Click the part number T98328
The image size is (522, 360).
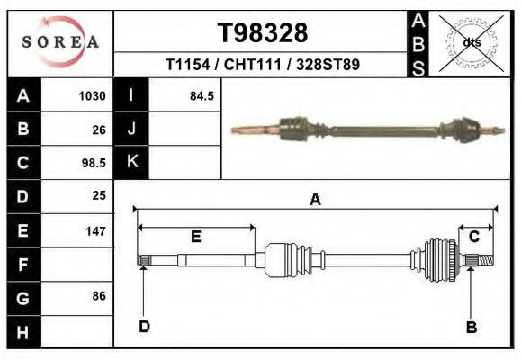click(263, 33)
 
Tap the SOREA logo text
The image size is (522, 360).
click(60, 42)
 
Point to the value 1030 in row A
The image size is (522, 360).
click(93, 96)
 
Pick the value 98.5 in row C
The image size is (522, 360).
click(93, 163)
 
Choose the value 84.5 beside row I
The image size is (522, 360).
click(201, 96)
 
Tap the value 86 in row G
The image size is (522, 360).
click(99, 296)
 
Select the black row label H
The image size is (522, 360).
click(22, 331)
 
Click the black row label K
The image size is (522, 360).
click(131, 162)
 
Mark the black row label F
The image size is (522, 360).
click(22, 265)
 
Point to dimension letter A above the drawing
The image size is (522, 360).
click(315, 200)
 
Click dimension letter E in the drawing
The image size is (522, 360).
click(196, 236)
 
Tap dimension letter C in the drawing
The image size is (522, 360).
click(473, 236)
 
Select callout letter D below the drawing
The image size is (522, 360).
click(144, 326)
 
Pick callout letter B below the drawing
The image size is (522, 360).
click(471, 327)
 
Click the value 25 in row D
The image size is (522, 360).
click(99, 195)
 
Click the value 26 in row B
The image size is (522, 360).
click(99, 130)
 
